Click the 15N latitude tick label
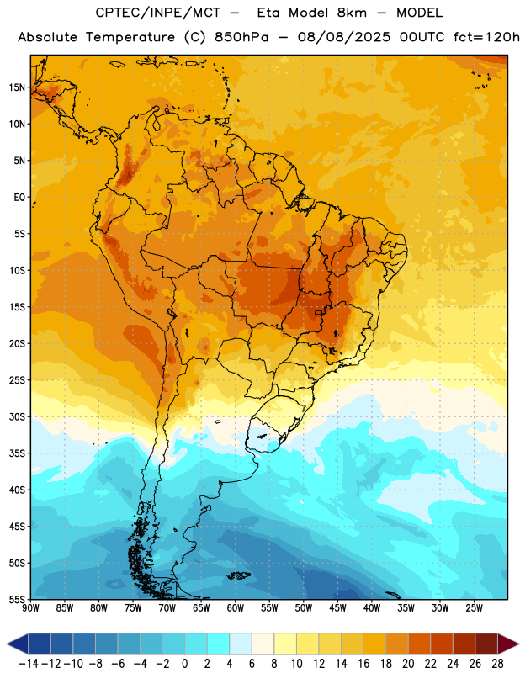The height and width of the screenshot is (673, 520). [17, 87]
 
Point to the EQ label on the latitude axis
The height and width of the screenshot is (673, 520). [19, 198]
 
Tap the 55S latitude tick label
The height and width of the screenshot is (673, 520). [17, 599]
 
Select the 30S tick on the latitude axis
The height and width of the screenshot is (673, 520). [17, 416]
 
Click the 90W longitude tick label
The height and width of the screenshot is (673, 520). [31, 608]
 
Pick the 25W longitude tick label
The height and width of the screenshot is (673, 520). [475, 608]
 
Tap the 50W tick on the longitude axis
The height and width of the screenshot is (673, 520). [304, 608]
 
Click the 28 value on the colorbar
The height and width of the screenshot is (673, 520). [497, 664]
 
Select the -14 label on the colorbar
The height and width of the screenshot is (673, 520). [29, 664]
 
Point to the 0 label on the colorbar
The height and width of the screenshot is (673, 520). [184, 664]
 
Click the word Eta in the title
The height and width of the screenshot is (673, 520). [268, 13]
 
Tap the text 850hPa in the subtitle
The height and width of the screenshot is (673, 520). [241, 37]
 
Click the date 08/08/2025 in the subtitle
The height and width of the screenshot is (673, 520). [344, 37]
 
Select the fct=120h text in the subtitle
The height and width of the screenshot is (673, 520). [486, 37]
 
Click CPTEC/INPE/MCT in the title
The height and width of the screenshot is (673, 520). [158, 13]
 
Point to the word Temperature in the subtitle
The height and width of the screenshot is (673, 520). [130, 38]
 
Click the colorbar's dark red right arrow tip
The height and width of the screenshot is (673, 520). [518, 644]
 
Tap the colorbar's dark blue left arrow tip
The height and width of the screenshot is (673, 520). [7, 644]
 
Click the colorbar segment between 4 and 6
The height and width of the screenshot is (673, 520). [241, 644]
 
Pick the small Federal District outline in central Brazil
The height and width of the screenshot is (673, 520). [319, 312]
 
